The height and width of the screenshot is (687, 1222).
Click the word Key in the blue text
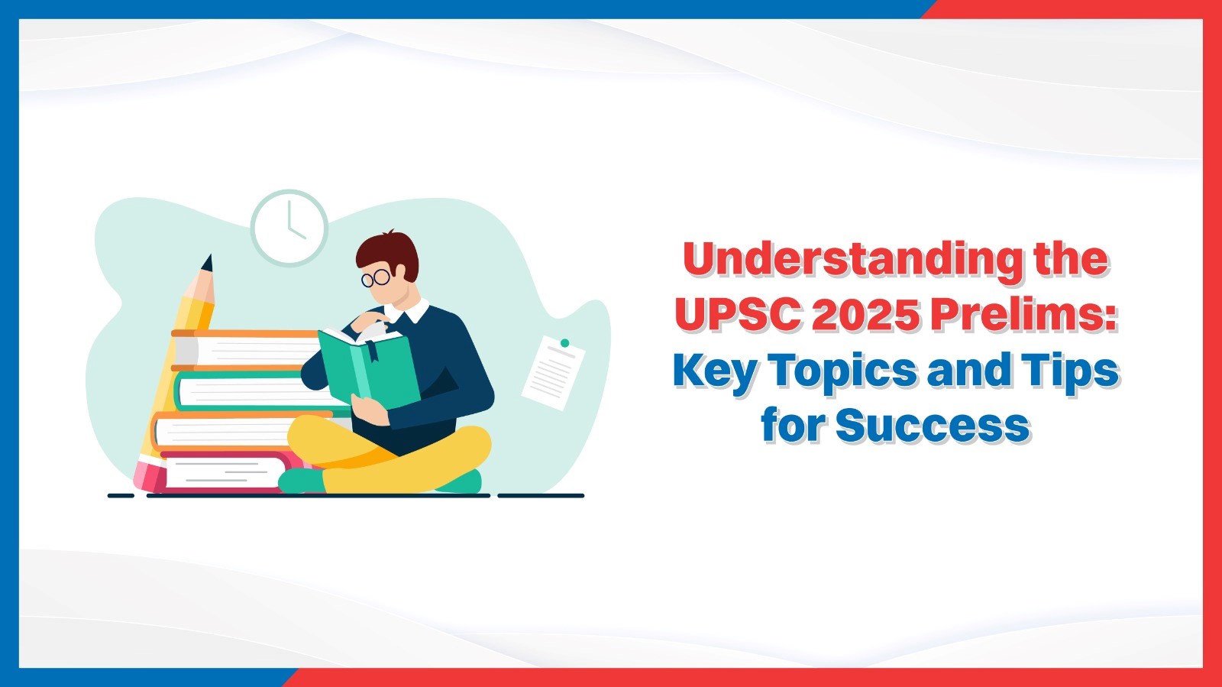point(715,371)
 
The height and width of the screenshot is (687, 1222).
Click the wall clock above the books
point(289,228)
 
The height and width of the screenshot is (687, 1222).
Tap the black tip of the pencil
point(207,263)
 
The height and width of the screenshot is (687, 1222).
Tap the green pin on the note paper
point(564,343)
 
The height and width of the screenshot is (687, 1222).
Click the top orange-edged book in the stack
point(244,350)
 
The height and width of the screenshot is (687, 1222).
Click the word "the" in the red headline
point(1070,260)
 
